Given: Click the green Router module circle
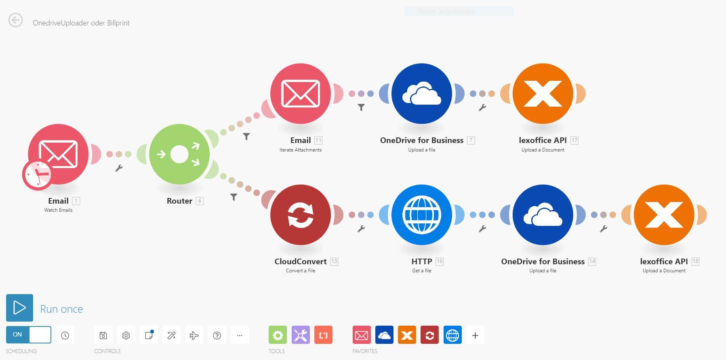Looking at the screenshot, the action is [179, 154].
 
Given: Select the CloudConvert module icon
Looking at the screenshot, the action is [301, 215].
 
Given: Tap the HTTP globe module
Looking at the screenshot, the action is [422, 215].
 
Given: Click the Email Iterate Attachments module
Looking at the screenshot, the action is [301, 93].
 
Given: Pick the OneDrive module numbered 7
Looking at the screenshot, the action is [422, 93].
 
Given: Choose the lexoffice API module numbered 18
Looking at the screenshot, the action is [664, 215].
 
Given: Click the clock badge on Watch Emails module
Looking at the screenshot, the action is [37, 175].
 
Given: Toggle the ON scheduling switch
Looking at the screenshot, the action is [29, 335].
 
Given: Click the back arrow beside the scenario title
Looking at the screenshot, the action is [16, 20].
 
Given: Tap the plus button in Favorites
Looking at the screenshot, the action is [475, 335].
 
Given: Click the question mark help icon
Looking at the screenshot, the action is [217, 335].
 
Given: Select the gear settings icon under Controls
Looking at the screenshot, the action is [126, 335].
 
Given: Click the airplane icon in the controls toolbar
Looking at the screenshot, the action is [194, 335].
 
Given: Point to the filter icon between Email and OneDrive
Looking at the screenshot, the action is [361, 107].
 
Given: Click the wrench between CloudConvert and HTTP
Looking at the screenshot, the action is [361, 229].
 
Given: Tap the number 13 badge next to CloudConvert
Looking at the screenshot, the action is [334, 261].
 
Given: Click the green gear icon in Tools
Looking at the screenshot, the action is [278, 335].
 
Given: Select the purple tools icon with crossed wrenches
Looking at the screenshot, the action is [301, 335].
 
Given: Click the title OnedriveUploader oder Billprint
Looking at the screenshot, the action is [81, 23].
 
